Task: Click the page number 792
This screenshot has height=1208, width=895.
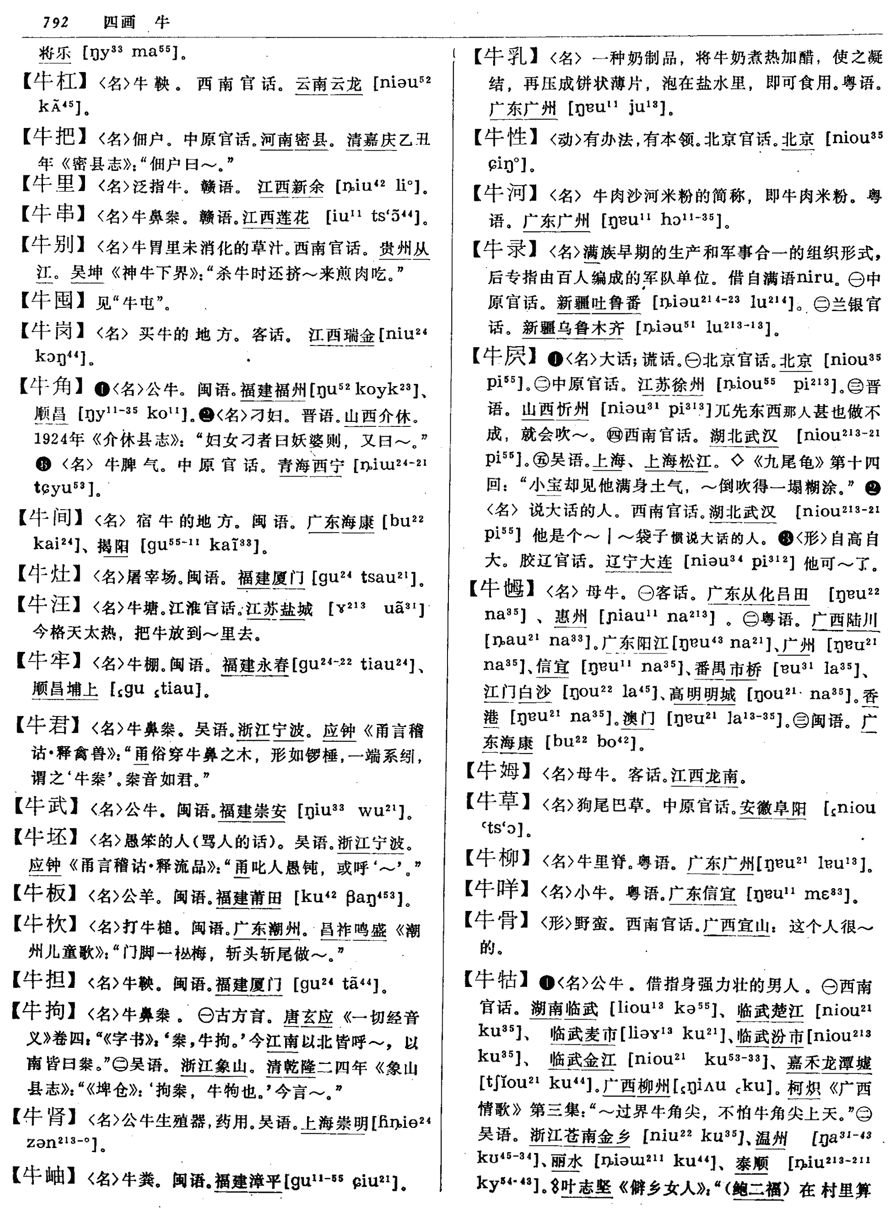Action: (x=56, y=22)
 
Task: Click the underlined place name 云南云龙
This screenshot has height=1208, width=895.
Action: (x=328, y=85)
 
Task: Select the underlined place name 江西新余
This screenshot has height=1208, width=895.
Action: (x=291, y=187)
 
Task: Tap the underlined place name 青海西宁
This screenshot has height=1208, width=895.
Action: (x=311, y=465)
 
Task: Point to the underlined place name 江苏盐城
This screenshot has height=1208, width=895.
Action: (x=280, y=609)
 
